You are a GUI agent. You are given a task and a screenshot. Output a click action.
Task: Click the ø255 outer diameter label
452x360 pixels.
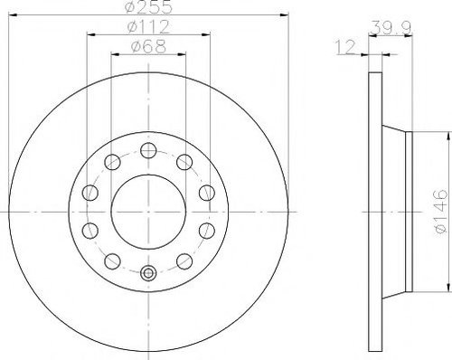tap(148, 6)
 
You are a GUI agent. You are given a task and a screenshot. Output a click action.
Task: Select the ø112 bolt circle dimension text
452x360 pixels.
tap(148, 27)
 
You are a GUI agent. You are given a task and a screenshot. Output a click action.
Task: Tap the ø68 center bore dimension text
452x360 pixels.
tap(148, 47)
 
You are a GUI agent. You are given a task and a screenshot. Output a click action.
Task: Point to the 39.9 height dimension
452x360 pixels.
tap(391, 28)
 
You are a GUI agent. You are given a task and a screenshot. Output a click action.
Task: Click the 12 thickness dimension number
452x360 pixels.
tap(345, 47)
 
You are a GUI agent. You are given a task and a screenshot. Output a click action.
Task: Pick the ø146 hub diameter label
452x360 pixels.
tap(440, 212)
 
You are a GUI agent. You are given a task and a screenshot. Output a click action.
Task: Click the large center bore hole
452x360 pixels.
tap(148, 212)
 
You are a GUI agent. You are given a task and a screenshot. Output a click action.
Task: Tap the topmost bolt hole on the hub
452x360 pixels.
tap(148, 150)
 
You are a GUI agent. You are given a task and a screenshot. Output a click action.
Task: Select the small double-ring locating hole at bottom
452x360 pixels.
tap(148, 273)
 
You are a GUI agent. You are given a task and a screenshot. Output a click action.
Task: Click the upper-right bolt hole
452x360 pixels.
tap(184, 162)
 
